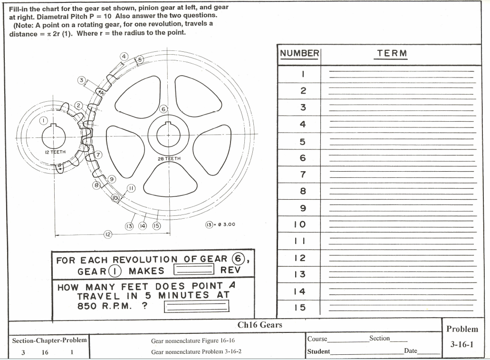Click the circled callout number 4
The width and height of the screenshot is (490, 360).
(x=124, y=56)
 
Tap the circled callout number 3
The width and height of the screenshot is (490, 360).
(x=82, y=80)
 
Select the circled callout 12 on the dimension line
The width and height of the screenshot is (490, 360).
(x=108, y=234)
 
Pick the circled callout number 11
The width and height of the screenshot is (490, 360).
(x=132, y=188)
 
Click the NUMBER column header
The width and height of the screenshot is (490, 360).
(x=299, y=53)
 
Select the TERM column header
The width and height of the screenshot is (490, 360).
(x=392, y=53)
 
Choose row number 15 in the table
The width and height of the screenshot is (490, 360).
(x=299, y=307)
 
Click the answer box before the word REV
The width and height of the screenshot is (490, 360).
(x=193, y=270)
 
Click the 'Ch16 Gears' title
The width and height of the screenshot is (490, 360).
(x=259, y=325)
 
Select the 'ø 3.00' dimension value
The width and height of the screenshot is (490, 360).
(x=226, y=224)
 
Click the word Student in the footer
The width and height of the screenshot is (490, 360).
(x=318, y=351)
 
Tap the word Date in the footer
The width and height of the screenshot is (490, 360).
(x=410, y=351)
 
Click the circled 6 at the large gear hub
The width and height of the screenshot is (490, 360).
(x=163, y=109)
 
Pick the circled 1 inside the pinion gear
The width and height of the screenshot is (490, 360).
(x=44, y=121)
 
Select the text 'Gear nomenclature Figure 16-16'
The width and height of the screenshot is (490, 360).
(x=193, y=341)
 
